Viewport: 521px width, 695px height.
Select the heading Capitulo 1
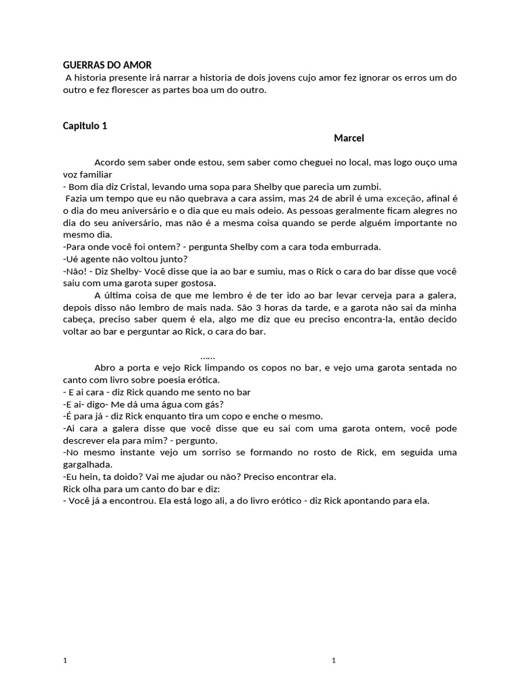pos(85,126)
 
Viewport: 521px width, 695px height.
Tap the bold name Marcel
pos(349,138)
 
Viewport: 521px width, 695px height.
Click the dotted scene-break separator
pos(208,356)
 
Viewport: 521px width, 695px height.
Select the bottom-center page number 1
pos(333,660)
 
